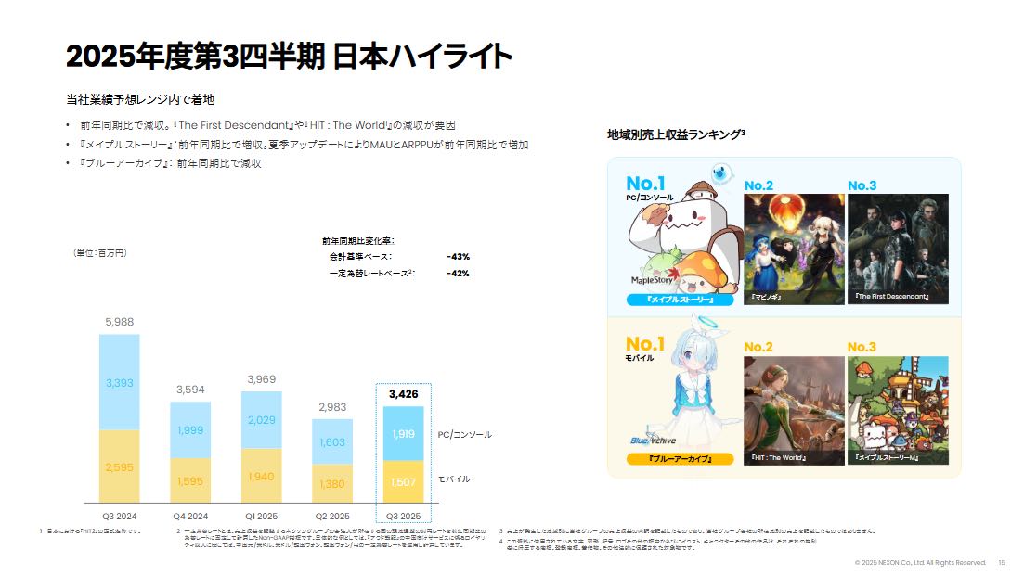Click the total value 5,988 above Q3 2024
pos(119,322)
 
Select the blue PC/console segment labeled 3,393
pos(119,382)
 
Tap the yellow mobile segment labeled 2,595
pos(119,466)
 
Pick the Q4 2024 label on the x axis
pos(189,516)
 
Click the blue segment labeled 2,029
pos(261,420)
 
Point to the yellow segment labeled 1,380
pos(331,483)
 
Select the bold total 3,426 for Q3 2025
pos(403,394)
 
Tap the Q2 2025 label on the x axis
pos(331,516)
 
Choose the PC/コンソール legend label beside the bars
pos(464,434)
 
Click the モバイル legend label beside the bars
pos(454,479)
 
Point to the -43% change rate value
pos(457,257)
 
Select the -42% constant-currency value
pos(457,274)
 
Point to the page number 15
pos(1002,562)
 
